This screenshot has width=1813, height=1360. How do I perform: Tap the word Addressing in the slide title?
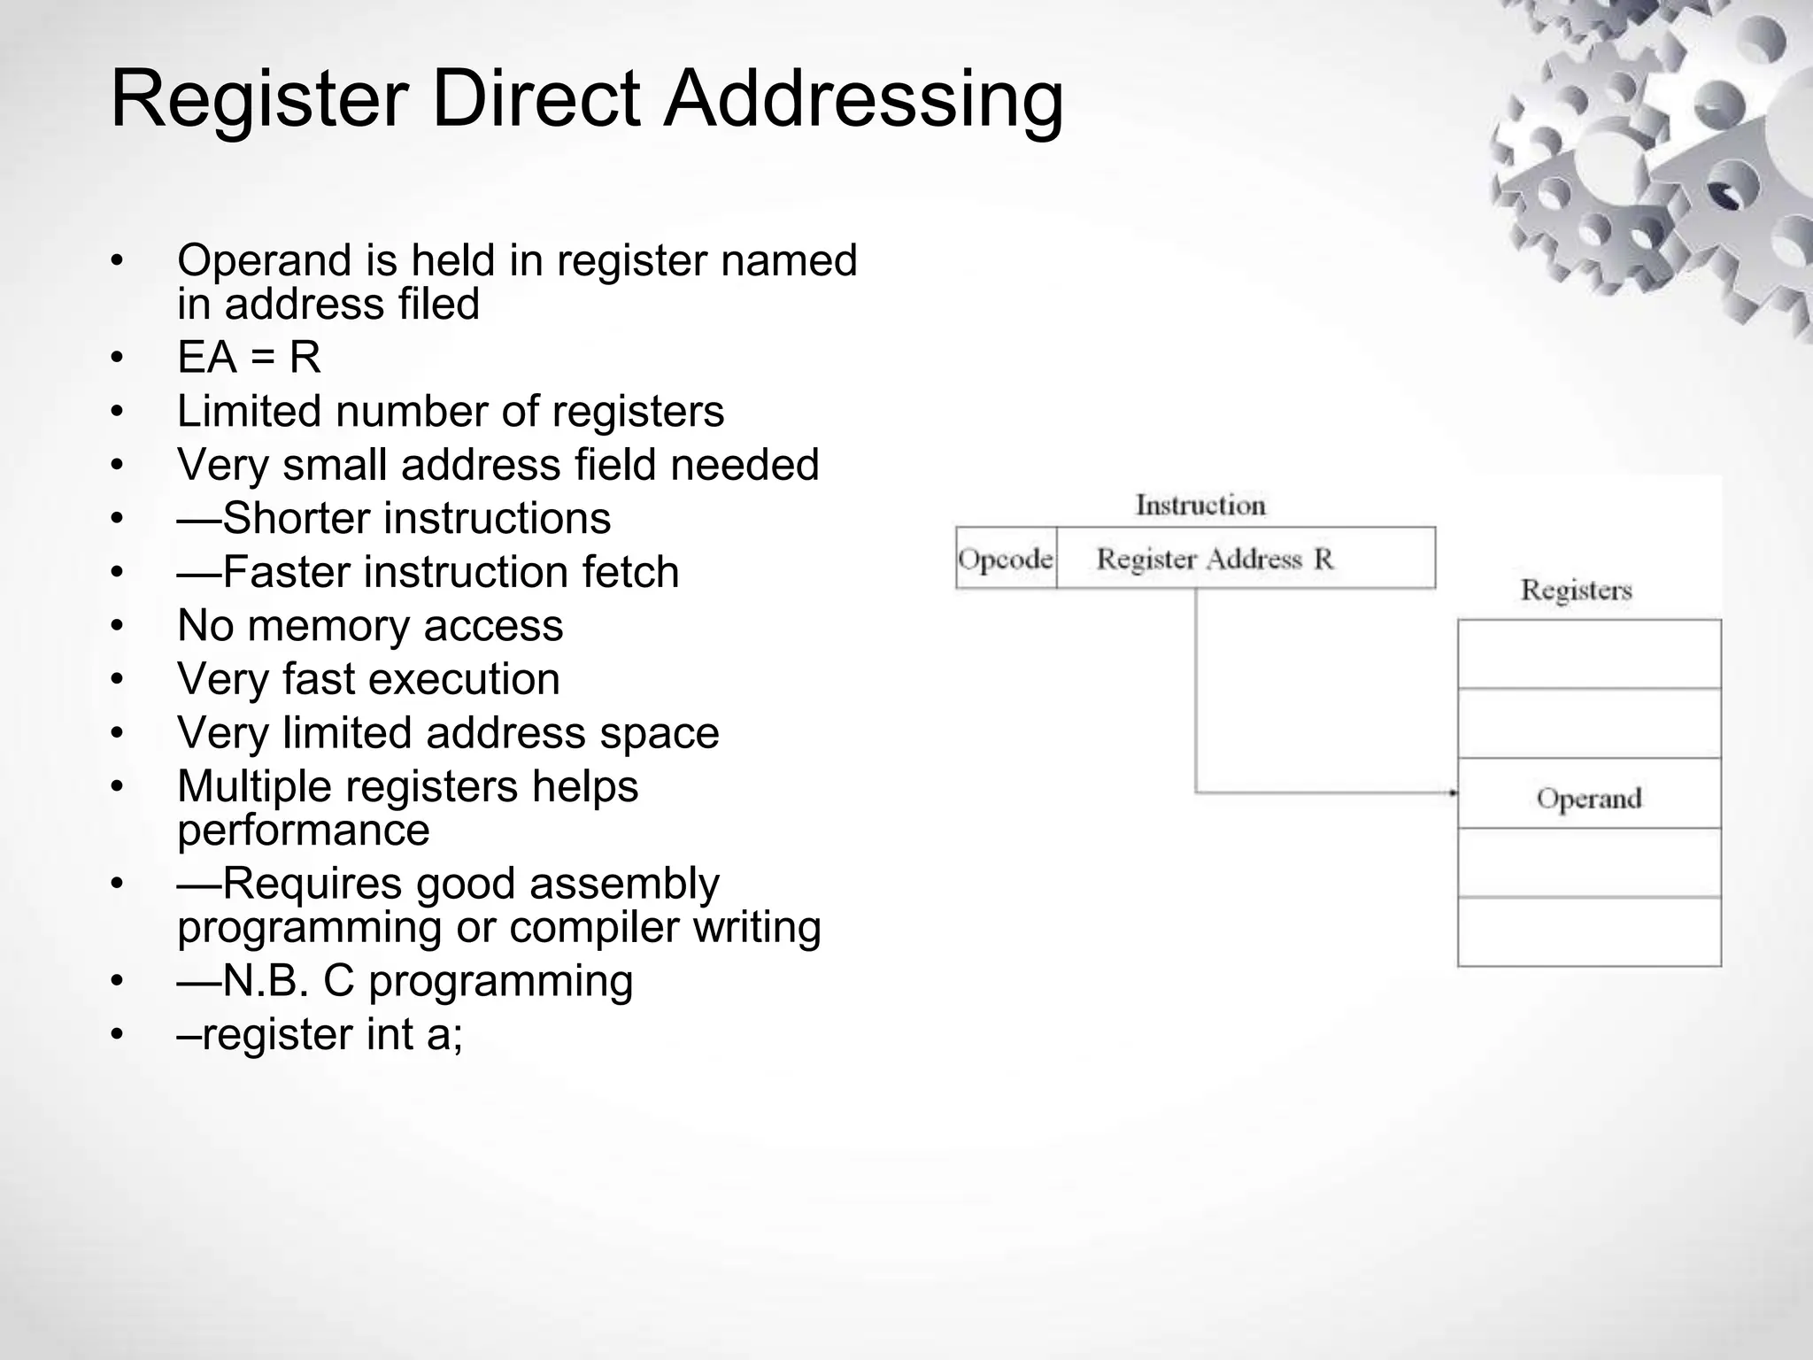coord(863,99)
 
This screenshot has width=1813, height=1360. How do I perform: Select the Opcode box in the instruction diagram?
coord(1006,559)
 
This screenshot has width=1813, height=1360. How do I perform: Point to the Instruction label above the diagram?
coord(1200,506)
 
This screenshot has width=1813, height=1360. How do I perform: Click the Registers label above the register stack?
coord(1576,591)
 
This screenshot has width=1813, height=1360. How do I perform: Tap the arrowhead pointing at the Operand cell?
coord(1453,793)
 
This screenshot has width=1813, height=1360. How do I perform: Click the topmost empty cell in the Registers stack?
coord(1589,654)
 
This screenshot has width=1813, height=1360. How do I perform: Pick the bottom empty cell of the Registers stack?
coord(1589,931)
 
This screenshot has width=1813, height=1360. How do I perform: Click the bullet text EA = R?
coord(249,358)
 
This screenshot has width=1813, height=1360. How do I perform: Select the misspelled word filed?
coord(439,304)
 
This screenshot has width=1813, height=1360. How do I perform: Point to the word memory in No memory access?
coord(332,626)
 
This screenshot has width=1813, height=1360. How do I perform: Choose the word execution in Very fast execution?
coord(464,680)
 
